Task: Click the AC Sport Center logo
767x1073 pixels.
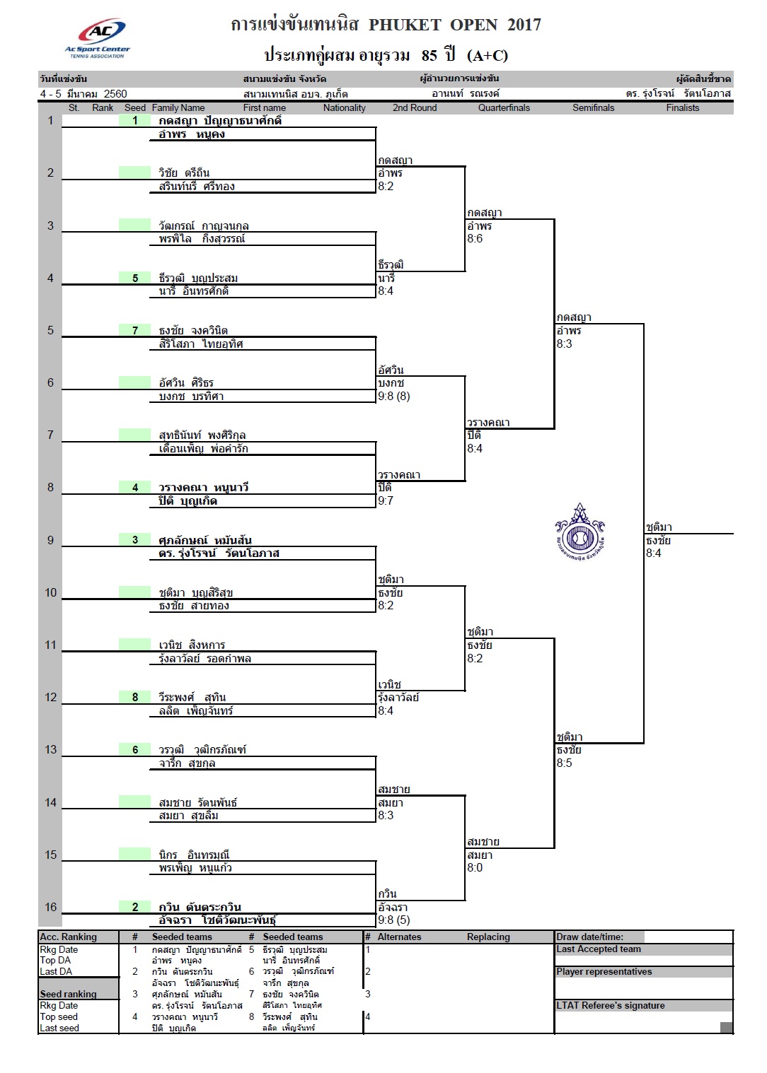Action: [x=98, y=38]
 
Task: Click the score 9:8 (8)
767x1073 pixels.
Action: [x=393, y=396]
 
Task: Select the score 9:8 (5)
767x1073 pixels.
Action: [x=393, y=920]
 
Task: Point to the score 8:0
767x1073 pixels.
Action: [x=475, y=867]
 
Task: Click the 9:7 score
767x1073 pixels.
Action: [x=386, y=501]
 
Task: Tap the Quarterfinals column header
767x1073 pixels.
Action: [x=504, y=107]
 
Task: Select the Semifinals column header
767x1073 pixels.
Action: [x=593, y=107]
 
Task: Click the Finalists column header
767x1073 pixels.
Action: [x=682, y=107]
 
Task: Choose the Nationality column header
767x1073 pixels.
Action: [x=344, y=107]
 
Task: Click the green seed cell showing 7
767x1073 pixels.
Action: [x=134, y=330]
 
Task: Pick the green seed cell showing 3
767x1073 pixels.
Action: [x=134, y=540]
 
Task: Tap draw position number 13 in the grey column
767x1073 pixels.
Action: [x=50, y=750]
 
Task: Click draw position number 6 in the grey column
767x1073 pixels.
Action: [x=50, y=382]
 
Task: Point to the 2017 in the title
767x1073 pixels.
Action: [x=524, y=25]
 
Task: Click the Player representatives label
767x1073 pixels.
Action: [x=604, y=971]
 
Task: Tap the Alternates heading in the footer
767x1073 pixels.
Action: [x=399, y=937]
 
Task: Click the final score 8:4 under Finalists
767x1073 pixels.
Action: [x=653, y=553]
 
